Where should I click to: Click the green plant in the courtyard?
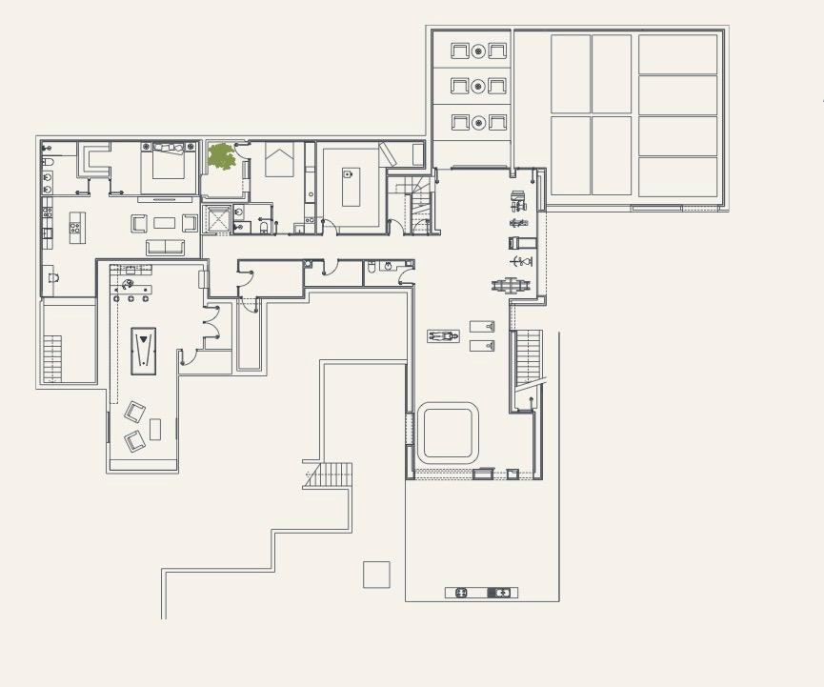(222, 157)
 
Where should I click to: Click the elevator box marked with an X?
(217, 219)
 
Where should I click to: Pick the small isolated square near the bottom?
(376, 575)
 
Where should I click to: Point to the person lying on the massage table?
(442, 335)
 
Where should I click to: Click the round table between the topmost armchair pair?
(479, 51)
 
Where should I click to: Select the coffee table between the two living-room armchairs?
(165, 223)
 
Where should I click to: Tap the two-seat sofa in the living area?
(165, 247)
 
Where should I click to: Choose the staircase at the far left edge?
(52, 357)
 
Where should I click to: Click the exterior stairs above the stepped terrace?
(329, 475)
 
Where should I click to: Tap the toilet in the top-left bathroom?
(48, 163)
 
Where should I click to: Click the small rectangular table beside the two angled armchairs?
(155, 429)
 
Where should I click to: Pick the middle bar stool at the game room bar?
(131, 299)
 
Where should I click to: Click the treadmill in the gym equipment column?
(519, 242)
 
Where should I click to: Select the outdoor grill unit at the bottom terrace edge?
(482, 593)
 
